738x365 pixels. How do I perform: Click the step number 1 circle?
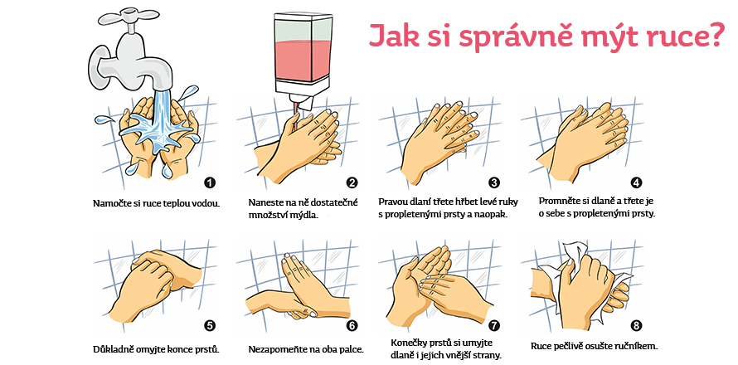[210, 182]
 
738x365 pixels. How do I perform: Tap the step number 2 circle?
[352, 182]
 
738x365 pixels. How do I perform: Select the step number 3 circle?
[494, 182]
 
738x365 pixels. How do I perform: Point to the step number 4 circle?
[636, 182]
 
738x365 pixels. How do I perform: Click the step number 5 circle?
[210, 326]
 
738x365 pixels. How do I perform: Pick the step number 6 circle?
[352, 326]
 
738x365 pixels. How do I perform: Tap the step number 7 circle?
[494, 326]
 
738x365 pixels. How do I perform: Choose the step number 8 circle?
[636, 326]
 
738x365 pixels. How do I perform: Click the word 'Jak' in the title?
[395, 36]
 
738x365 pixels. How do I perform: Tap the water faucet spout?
[158, 66]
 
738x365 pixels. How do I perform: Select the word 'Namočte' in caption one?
[114, 202]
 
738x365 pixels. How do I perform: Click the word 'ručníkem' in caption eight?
[634, 346]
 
